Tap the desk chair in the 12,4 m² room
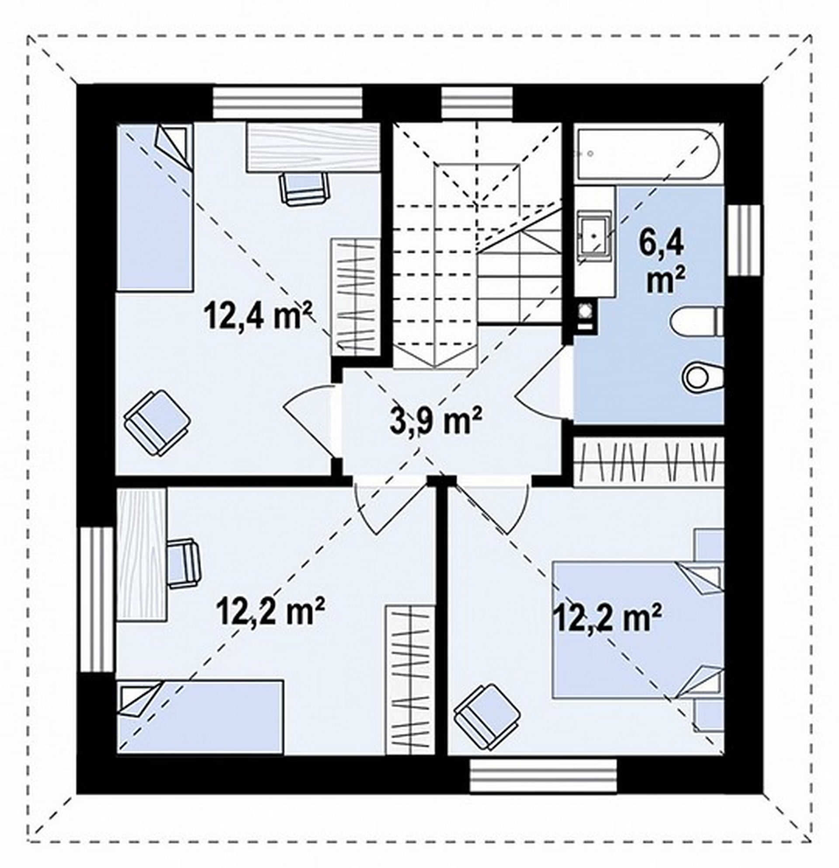tap(305, 188)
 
